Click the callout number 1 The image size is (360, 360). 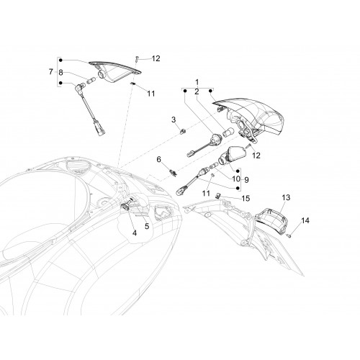[x=197, y=82]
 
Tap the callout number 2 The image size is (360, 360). [x=197, y=91]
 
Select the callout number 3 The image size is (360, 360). [x=174, y=120]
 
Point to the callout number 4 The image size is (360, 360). [x=135, y=233]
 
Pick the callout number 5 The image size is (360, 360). [x=147, y=226]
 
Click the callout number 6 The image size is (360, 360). [x=159, y=159]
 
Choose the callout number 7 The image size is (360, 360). [x=51, y=71]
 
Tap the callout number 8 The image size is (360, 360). [x=60, y=72]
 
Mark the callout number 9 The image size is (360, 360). [x=246, y=180]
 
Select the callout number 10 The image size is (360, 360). [x=236, y=179]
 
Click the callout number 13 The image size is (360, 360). [x=286, y=197]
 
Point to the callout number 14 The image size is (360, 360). [x=305, y=220]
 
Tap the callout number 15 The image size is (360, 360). [x=246, y=199]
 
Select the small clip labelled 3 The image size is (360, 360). [x=183, y=131]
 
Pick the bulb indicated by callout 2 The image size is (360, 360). [x=227, y=132]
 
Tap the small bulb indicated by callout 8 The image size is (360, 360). [x=91, y=81]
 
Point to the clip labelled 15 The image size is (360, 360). [x=217, y=195]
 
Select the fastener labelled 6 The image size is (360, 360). [x=173, y=173]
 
